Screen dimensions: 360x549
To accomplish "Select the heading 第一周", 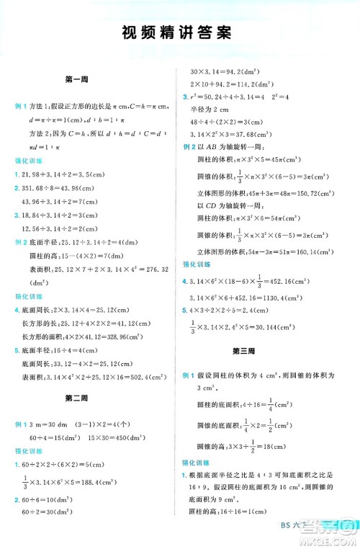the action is click(x=76, y=80).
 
